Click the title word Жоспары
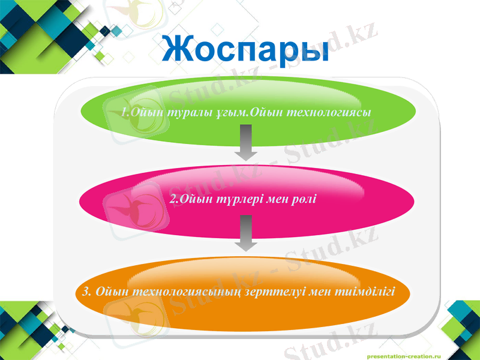click(245, 49)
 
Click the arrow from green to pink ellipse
click(245, 143)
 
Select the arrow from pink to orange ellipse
click(245, 233)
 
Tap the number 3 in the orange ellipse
click(86, 292)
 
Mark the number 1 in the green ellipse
click(122, 112)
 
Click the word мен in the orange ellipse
click(318, 292)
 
